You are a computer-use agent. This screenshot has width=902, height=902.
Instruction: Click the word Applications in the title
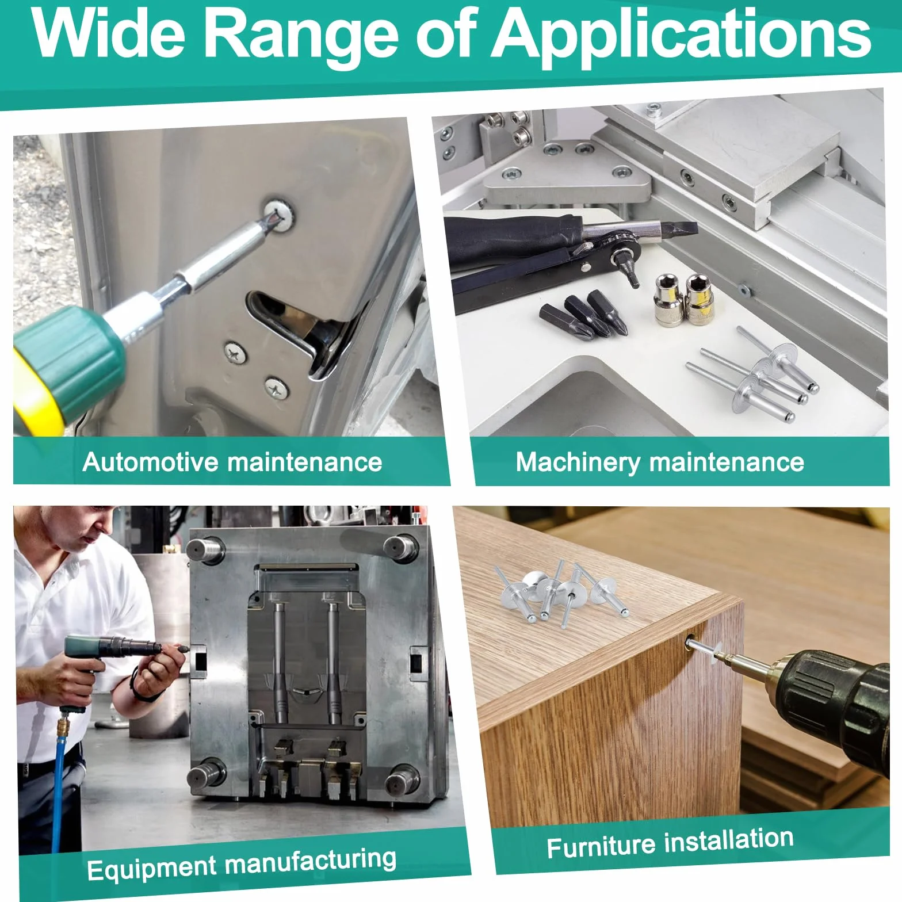pos(683,36)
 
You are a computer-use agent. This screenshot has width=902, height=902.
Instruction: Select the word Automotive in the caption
pos(151,462)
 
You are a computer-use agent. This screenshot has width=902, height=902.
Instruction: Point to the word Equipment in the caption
pos(151,867)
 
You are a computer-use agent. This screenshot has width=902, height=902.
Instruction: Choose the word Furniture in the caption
pos(601,847)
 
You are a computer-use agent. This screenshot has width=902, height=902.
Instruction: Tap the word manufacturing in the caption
pos(310,860)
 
